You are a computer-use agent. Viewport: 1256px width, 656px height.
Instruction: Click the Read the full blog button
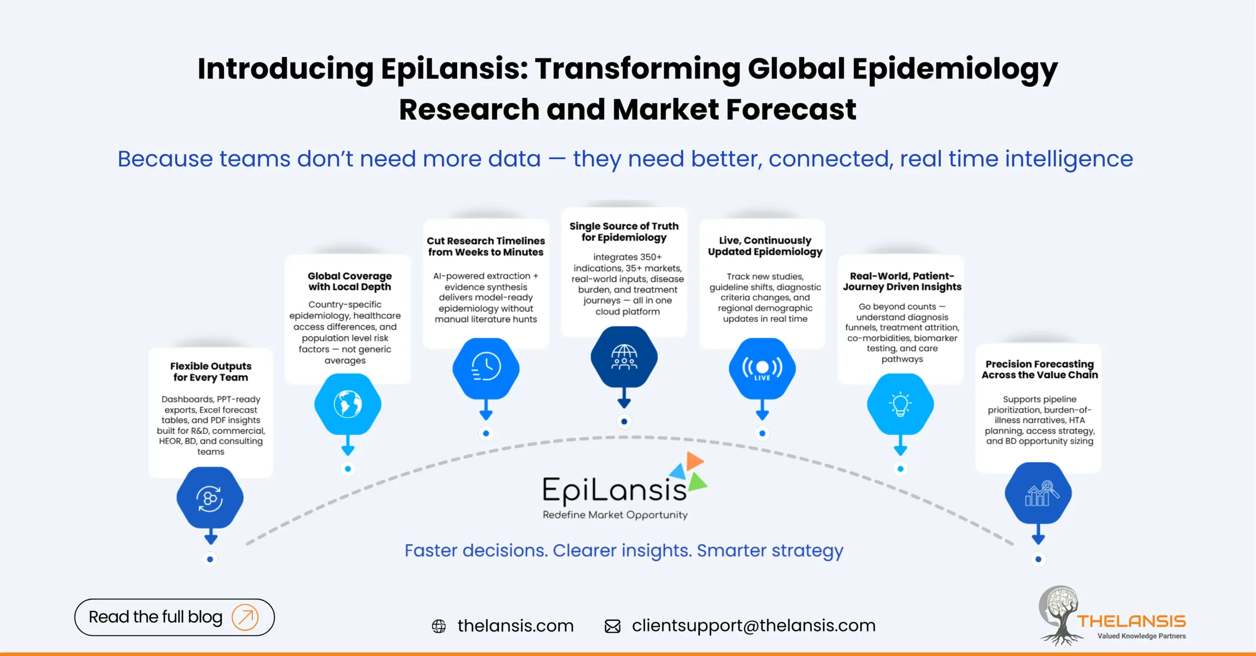(174, 617)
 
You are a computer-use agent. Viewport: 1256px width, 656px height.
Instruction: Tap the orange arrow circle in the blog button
(245, 617)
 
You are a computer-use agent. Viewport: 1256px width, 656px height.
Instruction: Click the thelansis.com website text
(515, 626)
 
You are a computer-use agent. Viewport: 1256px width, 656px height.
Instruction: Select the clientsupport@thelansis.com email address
(754, 626)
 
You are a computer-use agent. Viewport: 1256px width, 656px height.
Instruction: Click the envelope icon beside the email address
(612, 626)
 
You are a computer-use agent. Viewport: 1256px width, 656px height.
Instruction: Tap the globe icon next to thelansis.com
(439, 626)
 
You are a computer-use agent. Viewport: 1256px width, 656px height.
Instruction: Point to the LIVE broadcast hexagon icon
(762, 368)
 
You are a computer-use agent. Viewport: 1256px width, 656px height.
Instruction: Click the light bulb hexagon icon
(900, 404)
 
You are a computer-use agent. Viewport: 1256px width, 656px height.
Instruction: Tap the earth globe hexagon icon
(348, 404)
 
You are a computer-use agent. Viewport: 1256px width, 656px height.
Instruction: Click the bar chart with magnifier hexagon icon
(1038, 493)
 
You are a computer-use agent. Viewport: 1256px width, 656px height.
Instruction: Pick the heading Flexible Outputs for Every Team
(210, 372)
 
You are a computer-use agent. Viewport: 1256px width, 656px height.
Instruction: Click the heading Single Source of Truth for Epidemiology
(624, 232)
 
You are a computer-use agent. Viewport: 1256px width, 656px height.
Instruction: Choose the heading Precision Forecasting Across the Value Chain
(1040, 369)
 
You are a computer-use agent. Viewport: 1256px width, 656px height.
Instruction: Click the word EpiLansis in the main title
(453, 69)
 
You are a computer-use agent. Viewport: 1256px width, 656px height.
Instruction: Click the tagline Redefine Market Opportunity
(615, 515)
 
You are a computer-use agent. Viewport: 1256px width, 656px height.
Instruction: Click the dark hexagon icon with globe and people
(624, 357)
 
